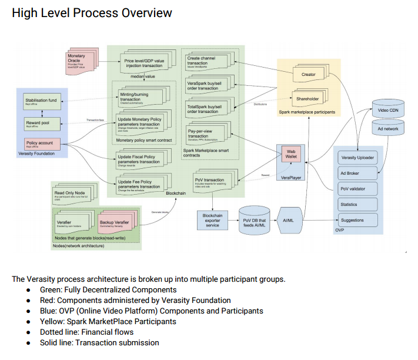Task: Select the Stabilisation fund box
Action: coord(41,102)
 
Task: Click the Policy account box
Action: coord(41,144)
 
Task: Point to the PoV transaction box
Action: coord(211,182)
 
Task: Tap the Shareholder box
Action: coord(308,99)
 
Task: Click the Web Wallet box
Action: coord(290,154)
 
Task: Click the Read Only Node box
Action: coord(72,195)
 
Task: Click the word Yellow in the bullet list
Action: coord(50,321)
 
